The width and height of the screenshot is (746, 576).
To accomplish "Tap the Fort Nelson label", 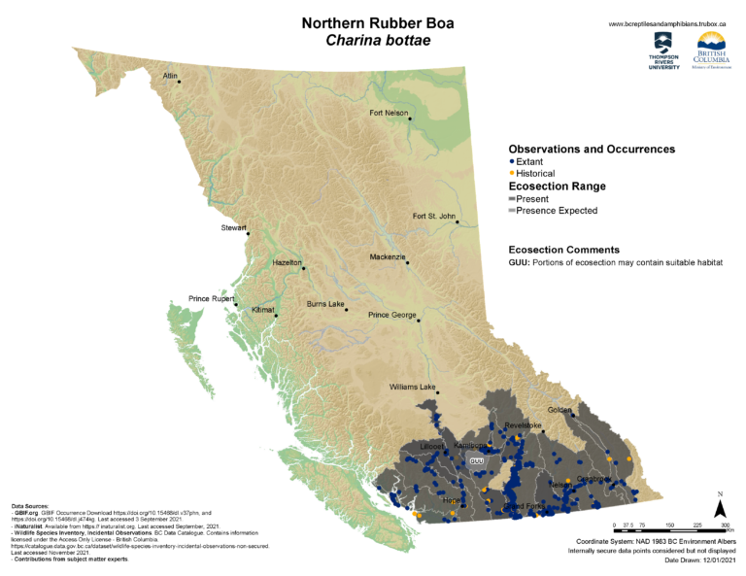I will [x=389, y=113].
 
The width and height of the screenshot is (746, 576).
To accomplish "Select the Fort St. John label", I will [x=433, y=216].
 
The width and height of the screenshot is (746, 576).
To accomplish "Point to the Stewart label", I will [x=233, y=228].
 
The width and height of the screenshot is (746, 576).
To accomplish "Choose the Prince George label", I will [x=391, y=315].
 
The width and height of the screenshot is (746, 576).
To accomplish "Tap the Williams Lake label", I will [x=413, y=387].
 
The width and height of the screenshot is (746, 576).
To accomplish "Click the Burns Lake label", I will [x=325, y=304].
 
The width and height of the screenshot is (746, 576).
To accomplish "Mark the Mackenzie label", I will [x=387, y=256].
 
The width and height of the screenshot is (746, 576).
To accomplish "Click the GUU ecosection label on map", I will [x=476, y=460].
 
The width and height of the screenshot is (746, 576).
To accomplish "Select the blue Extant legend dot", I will [x=512, y=161].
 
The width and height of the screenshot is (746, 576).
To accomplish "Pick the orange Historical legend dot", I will [x=512, y=173].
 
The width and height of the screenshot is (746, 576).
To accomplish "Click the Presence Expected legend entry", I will [x=558, y=210].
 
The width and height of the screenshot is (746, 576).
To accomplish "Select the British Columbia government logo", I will [x=711, y=51].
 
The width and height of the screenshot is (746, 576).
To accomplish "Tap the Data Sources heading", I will [x=31, y=507].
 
